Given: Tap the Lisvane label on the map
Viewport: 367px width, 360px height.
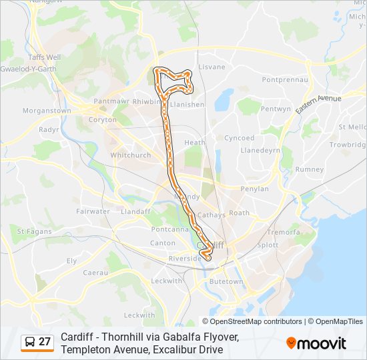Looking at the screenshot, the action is point(212,67).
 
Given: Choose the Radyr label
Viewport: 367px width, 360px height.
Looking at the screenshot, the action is point(49,129).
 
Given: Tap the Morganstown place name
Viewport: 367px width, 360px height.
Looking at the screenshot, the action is point(47,111).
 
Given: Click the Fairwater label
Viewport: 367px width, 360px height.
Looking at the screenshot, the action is point(93,211).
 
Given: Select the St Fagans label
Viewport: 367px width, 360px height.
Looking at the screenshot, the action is point(29,231).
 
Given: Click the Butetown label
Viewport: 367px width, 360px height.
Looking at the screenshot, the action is point(226,282).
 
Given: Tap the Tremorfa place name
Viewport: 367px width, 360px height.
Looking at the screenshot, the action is point(283,232).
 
